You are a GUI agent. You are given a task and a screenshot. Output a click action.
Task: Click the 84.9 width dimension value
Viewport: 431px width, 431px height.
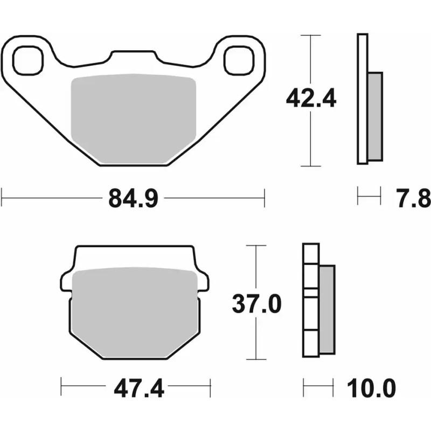pyautogui.click(x=133, y=199)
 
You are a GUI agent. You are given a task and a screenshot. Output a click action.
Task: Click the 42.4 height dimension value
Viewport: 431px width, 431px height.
pyautogui.click(x=311, y=99)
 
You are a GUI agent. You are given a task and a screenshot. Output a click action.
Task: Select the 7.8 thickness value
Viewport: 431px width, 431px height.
pyautogui.click(x=415, y=199)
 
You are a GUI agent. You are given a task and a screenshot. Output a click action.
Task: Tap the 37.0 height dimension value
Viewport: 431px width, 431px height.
pyautogui.click(x=256, y=304)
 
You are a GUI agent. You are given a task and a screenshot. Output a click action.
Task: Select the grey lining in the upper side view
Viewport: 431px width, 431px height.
pyautogui.click(x=376, y=116)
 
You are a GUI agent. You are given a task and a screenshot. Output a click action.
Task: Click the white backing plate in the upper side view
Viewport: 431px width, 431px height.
pyautogui.click(x=362, y=97)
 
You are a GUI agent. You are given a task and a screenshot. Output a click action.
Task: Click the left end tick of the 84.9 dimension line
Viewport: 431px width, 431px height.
pyautogui.click(x=2, y=197)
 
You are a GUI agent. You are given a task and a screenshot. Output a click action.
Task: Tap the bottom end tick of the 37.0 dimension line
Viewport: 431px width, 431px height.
pyautogui.click(x=256, y=359)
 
